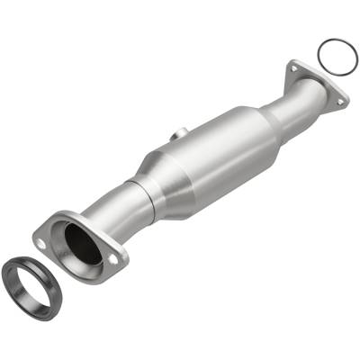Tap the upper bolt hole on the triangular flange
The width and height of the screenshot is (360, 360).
(292, 66)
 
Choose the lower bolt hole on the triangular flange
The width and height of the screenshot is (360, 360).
(339, 102)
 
